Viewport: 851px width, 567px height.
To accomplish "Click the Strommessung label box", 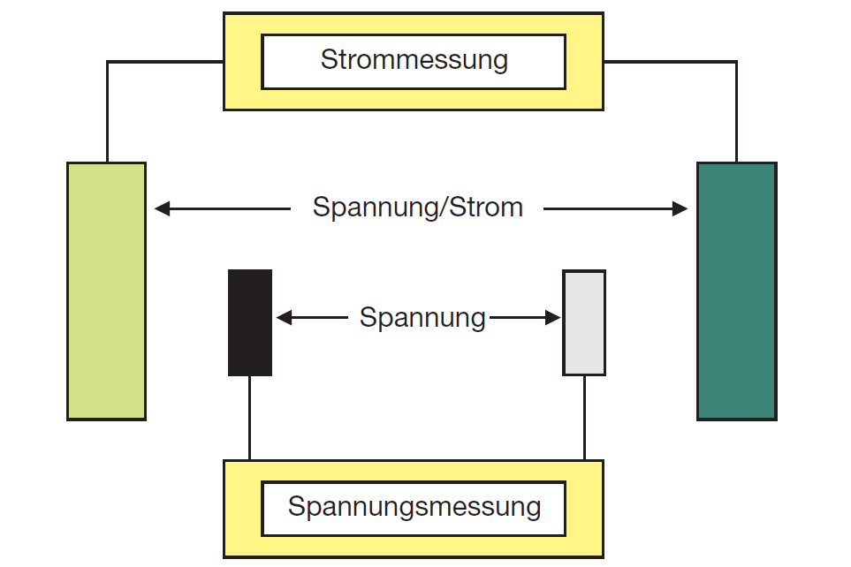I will pos(414,61).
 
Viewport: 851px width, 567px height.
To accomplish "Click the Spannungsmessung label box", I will pos(414,508).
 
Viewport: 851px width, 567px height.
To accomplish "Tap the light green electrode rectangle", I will pos(106,291).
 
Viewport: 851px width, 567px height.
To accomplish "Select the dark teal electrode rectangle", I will pos(736,291).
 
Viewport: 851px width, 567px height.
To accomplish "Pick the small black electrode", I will pos(250,322).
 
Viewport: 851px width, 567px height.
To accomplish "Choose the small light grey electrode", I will pos(584,322).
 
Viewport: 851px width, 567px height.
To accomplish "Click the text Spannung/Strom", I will pos(417,208).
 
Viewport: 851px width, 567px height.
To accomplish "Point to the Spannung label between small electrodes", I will pos(422,317).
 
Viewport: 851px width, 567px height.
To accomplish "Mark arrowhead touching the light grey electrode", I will pos(554,317).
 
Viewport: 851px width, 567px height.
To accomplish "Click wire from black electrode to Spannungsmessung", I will pos(249,417).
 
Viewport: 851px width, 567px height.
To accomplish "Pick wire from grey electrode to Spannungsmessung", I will pos(584,417).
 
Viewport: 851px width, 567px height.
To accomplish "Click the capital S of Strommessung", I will pos(329,61).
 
